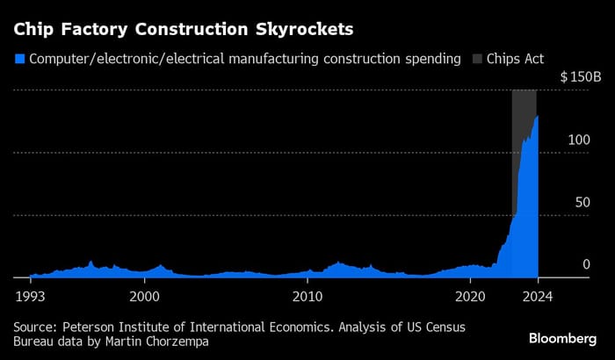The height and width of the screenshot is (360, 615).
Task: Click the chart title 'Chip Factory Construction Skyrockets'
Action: [x=183, y=30]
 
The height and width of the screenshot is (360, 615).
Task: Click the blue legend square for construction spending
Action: [x=19, y=60]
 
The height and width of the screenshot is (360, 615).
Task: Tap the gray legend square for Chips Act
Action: [x=478, y=60]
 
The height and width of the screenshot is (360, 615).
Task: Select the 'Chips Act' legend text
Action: [x=517, y=60]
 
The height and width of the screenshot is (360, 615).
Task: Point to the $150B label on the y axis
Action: [x=581, y=77]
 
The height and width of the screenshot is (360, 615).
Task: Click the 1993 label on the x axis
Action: [x=30, y=297]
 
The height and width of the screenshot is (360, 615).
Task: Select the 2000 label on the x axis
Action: [x=144, y=297]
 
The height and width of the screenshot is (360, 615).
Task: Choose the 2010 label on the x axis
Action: [x=307, y=297]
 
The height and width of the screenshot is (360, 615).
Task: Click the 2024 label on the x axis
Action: [x=536, y=297]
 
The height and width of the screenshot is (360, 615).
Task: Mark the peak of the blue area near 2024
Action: [x=537, y=116]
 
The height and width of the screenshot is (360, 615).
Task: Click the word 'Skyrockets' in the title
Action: [x=303, y=30]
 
